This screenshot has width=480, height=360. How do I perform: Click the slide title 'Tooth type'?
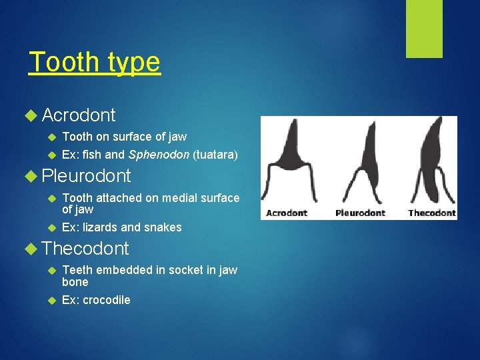[x=95, y=63]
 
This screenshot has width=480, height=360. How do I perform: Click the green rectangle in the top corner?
[x=424, y=29]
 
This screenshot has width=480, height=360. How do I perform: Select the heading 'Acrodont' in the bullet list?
[x=79, y=115]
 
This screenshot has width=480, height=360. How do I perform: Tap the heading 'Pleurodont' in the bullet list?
[x=86, y=177]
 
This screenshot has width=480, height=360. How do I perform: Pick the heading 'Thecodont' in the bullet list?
[x=85, y=249]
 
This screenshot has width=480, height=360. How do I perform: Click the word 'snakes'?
[x=165, y=227]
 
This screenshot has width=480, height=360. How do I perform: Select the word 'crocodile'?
[x=106, y=300]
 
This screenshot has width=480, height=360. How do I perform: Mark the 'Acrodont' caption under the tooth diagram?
[x=287, y=213]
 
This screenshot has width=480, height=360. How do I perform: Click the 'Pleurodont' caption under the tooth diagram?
[x=360, y=213]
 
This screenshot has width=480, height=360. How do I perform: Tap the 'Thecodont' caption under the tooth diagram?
[x=431, y=213]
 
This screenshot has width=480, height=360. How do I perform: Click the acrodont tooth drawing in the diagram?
[x=292, y=163]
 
